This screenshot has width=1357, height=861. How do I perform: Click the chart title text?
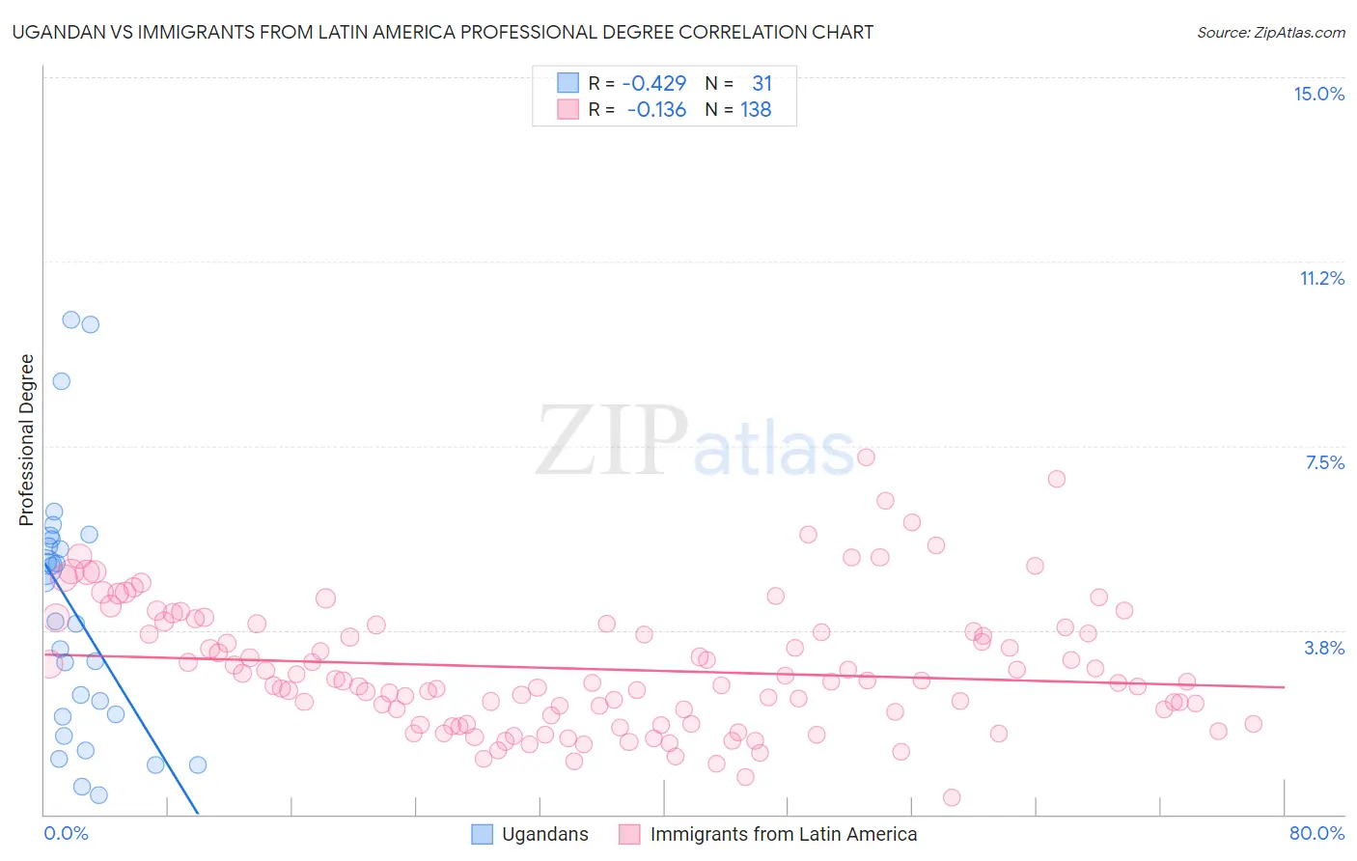click(443, 32)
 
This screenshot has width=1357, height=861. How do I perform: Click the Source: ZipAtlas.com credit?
click(1270, 32)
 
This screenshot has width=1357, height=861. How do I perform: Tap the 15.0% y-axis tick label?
click(1318, 94)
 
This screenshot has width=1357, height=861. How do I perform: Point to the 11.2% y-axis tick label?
click(1321, 278)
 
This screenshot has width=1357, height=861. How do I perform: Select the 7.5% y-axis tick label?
click(1324, 462)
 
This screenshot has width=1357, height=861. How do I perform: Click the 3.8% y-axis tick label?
click(1324, 648)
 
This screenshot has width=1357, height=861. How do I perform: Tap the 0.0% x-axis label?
click(66, 833)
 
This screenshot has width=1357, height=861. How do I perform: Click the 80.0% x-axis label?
click(1316, 833)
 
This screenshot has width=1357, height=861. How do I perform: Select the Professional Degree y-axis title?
click(26, 440)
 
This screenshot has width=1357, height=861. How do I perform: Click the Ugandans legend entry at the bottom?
click(544, 834)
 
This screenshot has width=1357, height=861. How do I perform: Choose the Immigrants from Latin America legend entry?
click(783, 834)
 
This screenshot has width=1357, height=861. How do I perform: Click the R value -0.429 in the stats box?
click(653, 84)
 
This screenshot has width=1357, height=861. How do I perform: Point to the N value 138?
click(756, 110)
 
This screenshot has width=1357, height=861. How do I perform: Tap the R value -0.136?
click(656, 110)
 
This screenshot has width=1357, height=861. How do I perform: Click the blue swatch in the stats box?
click(568, 84)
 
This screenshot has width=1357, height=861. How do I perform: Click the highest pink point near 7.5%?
click(866, 457)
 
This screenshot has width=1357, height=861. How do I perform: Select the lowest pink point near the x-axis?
click(952, 797)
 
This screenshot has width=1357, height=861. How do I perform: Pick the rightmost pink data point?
click(1253, 724)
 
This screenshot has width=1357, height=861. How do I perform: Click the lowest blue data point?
click(98, 795)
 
